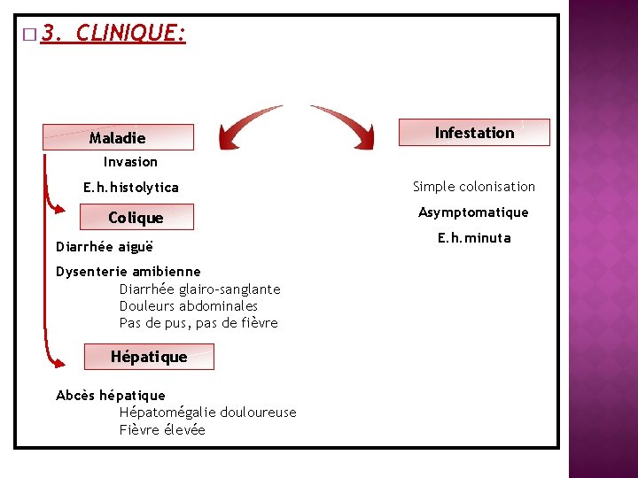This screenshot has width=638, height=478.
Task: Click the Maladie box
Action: pyautogui.click(x=118, y=137)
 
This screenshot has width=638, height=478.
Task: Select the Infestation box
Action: pyautogui.click(x=474, y=133)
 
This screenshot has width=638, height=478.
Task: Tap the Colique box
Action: pyautogui.click(x=136, y=218)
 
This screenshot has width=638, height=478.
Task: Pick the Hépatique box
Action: pyautogui.click(x=149, y=357)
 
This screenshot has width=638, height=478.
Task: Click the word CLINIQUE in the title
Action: pyautogui.click(x=130, y=34)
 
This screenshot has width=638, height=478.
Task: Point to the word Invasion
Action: pyautogui.click(x=130, y=162)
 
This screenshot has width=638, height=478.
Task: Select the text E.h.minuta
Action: pyautogui.click(x=474, y=238)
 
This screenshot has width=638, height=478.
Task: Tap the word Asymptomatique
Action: pyautogui.click(x=473, y=212)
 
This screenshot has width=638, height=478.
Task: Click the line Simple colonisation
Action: pyautogui.click(x=474, y=187)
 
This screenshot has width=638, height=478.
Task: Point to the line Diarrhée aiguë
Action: pyautogui.click(x=105, y=247)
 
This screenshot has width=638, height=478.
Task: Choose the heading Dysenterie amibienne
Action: pyautogui.click(x=128, y=272)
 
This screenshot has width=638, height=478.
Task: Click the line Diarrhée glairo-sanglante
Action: pyautogui.click(x=199, y=289)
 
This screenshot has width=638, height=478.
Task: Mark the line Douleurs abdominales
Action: pyautogui.click(x=189, y=306)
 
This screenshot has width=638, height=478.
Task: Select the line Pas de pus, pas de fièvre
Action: pyautogui.click(x=198, y=323)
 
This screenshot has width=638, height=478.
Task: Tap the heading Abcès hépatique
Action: pyautogui.click(x=111, y=396)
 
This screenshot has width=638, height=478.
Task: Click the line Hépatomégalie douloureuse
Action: pyautogui.click(x=207, y=412)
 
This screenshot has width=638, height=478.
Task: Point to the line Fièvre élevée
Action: pyautogui.click(x=162, y=430)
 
